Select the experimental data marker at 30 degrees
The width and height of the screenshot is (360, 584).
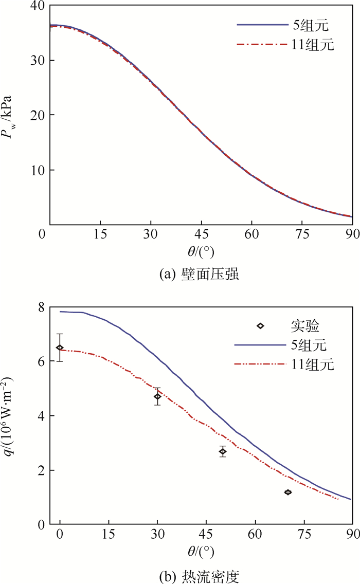157,396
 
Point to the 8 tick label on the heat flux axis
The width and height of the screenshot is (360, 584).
40,307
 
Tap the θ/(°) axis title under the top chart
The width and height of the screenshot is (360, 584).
201,252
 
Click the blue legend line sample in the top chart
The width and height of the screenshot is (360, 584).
260,25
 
